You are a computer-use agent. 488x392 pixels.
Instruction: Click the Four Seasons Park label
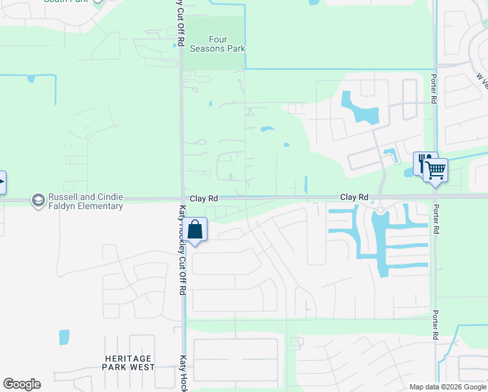click(x=217, y=44)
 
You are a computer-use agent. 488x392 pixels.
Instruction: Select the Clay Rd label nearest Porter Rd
click(x=354, y=197)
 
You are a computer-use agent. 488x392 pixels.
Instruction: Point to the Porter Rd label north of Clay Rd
click(x=433, y=88)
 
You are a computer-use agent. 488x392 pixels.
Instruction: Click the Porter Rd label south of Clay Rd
click(x=435, y=324)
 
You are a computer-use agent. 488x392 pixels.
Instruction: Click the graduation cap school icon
click(x=38, y=201)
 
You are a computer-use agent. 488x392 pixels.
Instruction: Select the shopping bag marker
click(x=195, y=230)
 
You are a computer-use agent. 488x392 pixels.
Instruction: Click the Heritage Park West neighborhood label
click(x=129, y=363)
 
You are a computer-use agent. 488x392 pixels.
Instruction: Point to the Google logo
click(x=22, y=384)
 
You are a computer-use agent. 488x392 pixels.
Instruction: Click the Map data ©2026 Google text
click(x=448, y=387)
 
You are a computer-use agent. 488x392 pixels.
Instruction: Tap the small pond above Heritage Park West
click(x=64, y=337)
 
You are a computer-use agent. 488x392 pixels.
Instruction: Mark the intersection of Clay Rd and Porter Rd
click(x=435, y=197)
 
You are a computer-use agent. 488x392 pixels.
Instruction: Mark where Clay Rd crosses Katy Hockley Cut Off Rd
click(x=181, y=199)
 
